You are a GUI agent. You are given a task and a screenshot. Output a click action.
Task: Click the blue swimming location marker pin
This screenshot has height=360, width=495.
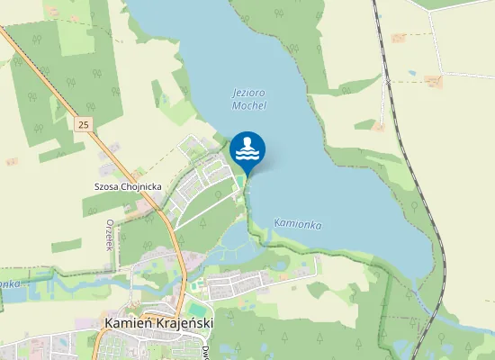click(x=247, y=149)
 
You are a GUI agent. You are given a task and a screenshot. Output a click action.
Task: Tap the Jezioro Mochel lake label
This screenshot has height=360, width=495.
click(x=248, y=99)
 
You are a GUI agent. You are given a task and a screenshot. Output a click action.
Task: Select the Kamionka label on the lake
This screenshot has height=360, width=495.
click(x=297, y=223)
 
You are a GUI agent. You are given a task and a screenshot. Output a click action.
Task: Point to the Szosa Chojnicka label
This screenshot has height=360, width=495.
click(x=128, y=187)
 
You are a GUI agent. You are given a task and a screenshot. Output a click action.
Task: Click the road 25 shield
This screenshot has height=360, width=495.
click(x=84, y=123)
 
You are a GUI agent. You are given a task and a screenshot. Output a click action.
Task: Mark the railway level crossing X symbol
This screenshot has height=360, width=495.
click(x=388, y=80)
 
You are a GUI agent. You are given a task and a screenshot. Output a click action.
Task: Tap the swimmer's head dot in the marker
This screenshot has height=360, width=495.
click(x=247, y=141)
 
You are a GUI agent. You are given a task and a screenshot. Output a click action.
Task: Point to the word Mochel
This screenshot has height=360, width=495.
click(x=249, y=105)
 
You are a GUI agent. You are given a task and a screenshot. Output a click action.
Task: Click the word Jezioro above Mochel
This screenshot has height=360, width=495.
click(x=248, y=93)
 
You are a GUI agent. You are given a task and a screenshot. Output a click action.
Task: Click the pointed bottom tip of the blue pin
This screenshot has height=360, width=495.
click(x=247, y=173)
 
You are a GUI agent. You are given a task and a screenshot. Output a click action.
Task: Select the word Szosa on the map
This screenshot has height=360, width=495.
click(x=105, y=187)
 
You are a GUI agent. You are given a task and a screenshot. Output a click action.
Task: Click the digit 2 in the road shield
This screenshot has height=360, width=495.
click(x=81, y=123)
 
